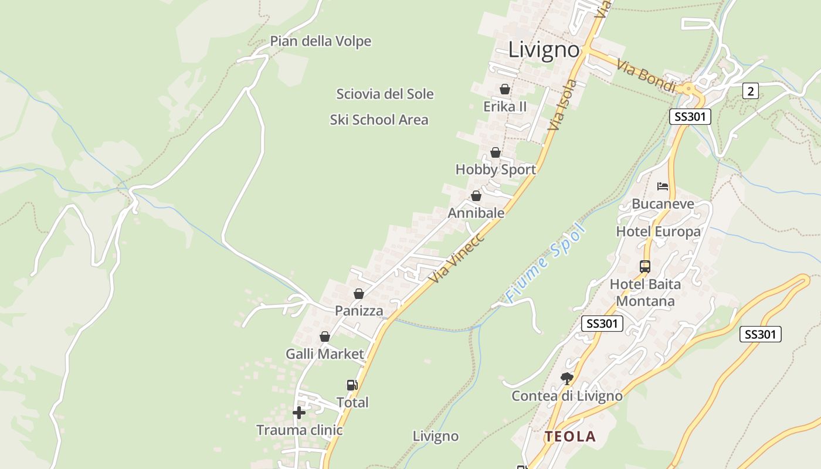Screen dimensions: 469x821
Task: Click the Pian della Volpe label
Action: coord(320,41)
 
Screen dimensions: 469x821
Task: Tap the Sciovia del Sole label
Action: coord(385,94)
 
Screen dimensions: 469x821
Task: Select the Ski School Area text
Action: coord(379,120)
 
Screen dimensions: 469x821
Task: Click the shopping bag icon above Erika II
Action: coord(504,89)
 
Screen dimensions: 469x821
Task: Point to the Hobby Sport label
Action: coord(496,169)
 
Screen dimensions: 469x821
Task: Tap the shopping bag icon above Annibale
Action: coord(476,196)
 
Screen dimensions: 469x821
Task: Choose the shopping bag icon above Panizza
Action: coord(358,294)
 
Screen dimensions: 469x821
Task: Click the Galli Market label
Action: coord(325,354)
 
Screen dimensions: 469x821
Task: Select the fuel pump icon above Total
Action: coord(352,385)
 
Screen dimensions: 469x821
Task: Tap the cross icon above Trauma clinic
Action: coord(299,413)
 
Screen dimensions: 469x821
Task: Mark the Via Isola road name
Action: coord(562,105)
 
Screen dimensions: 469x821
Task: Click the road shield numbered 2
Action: coord(750,90)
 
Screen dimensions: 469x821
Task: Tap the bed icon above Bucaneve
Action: coord(663,187)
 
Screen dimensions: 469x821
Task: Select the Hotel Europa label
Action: coord(658,232)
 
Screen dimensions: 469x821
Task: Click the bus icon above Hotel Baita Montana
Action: coord(645,267)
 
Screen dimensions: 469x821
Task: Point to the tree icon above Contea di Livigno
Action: coord(566,378)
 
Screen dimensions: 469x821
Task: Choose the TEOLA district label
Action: coord(570,436)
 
